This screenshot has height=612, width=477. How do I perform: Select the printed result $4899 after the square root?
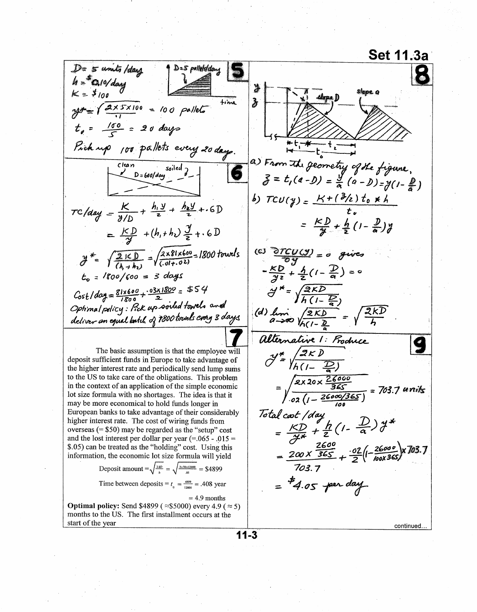click(214, 469)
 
